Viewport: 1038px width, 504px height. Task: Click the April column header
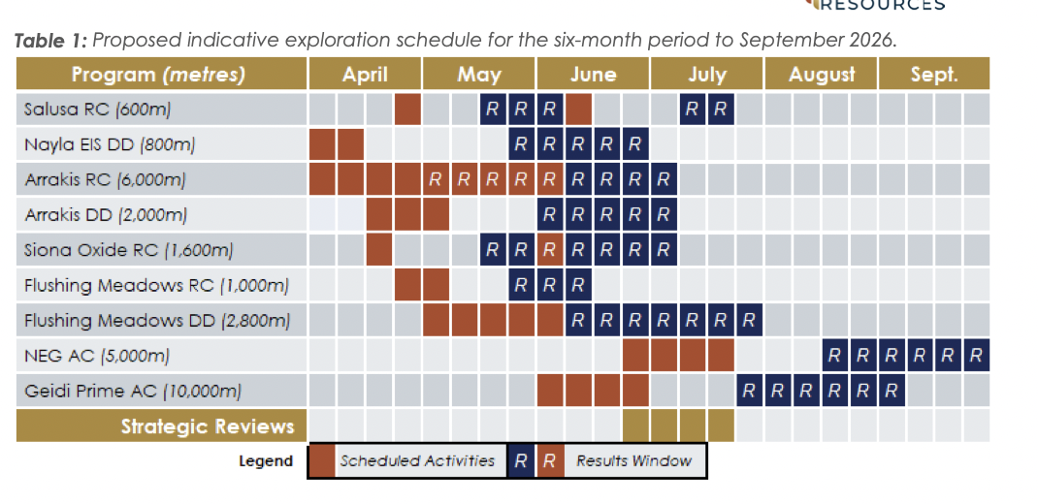point(365,74)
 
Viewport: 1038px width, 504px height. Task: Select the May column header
point(479,74)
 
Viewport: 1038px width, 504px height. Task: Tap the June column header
point(593,74)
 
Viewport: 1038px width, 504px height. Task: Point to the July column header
point(707,74)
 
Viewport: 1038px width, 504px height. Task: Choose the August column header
point(821,74)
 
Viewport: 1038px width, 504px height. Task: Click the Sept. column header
point(934,74)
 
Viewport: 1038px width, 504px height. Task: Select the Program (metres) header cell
point(162,74)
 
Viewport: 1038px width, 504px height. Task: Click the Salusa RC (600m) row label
point(97,110)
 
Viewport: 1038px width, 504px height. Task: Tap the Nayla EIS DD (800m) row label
point(110,144)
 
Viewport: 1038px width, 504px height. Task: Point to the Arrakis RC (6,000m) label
point(106,180)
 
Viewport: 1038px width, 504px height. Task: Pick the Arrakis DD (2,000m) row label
point(106,215)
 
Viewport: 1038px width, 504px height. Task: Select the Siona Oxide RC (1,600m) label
point(128,251)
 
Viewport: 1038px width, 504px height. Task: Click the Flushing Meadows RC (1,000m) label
point(157,286)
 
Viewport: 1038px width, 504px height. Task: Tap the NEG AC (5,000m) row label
point(97,357)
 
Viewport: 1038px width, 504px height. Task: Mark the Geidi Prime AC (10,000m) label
point(133,392)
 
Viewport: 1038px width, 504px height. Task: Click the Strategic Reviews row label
point(208,426)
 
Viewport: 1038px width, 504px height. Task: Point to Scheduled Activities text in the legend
point(417,461)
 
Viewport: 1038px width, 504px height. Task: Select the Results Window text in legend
point(633,461)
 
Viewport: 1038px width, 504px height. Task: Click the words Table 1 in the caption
point(50,41)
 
